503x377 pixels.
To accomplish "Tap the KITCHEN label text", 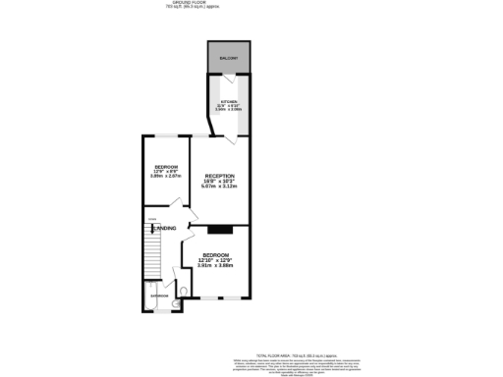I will tap(227, 101).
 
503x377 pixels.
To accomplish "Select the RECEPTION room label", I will tap(220, 176).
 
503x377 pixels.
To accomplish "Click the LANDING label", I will tap(165, 229).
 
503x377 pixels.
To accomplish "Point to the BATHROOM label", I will tap(159, 296).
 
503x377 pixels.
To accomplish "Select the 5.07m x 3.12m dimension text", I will tap(220, 188).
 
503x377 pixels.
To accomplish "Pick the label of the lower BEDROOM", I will tap(216, 254).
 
